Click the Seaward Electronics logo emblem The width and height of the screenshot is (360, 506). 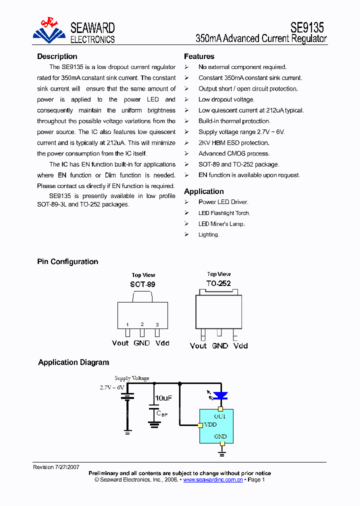coord(49,30)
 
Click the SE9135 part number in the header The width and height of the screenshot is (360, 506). coord(307,27)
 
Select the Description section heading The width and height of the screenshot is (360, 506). coord(57,56)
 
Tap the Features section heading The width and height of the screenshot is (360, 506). coord(199,56)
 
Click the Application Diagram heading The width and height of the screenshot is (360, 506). coord(73,362)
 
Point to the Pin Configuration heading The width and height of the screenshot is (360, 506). coord(67,261)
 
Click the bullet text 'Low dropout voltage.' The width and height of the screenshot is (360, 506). coord(226,99)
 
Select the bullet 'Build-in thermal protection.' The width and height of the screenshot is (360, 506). coord(234,121)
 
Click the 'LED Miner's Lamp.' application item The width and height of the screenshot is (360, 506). coord(221,224)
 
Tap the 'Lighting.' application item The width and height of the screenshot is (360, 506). coord(208,234)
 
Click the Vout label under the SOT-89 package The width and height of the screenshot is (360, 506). coord(120,343)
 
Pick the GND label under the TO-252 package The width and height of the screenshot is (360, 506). coord(220,345)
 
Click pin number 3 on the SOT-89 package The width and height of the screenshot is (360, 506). coord(157,324)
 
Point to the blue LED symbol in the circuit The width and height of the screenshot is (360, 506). coord(220,396)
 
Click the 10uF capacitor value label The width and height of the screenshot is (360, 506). coord(163,398)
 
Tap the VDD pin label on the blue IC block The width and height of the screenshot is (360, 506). coord(210,425)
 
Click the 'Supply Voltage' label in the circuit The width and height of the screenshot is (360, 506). coord(132,378)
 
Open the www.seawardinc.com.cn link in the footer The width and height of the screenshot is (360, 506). coord(213,479)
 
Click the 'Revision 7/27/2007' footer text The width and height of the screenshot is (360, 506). coord(56,467)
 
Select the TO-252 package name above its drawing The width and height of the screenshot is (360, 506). coord(218,283)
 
